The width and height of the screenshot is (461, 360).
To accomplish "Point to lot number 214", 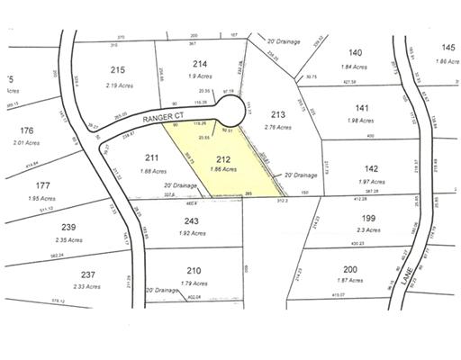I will pos(200,63).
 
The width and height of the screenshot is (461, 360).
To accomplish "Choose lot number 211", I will pos(149,158).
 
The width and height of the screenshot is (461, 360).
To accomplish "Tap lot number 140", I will pos(356,53).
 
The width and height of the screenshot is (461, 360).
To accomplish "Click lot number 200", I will pos(350,269).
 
